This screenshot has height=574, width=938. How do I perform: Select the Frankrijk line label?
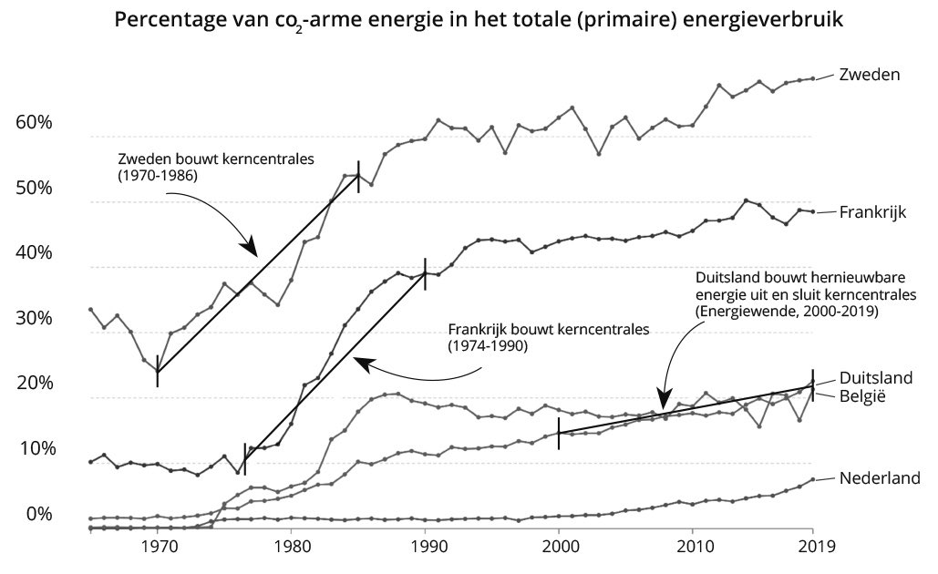click(871, 211)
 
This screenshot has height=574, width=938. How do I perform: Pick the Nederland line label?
click(880, 477)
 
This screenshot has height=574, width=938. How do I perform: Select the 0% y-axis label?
click(39, 513)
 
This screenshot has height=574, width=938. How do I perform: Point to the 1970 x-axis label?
click(159, 548)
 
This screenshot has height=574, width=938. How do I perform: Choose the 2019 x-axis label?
click(812, 548)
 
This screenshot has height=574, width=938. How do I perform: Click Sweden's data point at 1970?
click(158, 372)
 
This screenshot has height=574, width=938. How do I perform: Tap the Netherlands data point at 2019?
click(812, 479)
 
